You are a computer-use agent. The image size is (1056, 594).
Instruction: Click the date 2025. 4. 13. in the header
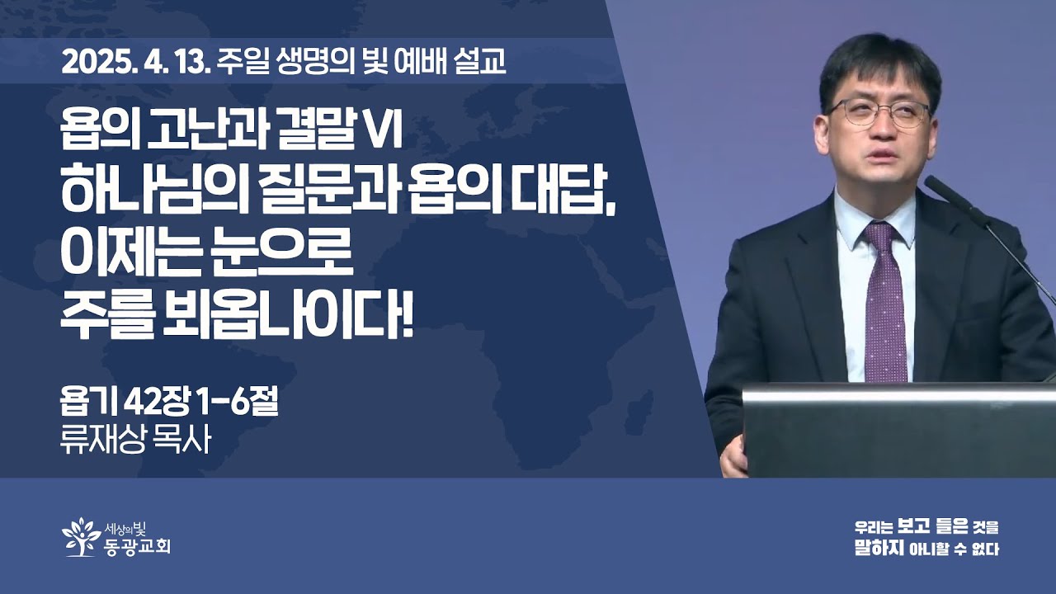click(x=135, y=62)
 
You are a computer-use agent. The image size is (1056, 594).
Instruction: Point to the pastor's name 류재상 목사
click(x=135, y=441)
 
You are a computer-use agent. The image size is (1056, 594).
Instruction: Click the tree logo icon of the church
click(x=82, y=537)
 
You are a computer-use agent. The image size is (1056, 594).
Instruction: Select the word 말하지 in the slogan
click(x=879, y=549)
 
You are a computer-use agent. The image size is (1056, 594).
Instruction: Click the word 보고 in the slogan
click(x=914, y=526)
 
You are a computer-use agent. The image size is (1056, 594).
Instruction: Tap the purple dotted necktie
click(x=885, y=302)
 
